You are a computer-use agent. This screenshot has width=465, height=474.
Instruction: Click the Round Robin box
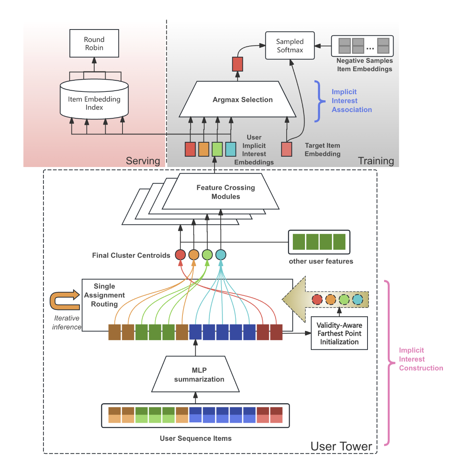(94, 43)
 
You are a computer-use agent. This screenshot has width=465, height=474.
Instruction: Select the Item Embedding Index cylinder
(94, 101)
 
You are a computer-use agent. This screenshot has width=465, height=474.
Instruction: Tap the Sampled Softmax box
(290, 46)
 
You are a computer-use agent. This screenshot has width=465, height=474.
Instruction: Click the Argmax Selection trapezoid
(238, 100)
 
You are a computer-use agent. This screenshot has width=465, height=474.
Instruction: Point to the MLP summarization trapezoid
(196, 374)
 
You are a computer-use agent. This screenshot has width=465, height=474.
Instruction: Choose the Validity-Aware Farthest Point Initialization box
(339, 334)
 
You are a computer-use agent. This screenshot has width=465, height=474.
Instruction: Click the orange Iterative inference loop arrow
(65, 300)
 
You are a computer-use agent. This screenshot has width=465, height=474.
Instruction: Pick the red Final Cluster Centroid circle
(180, 255)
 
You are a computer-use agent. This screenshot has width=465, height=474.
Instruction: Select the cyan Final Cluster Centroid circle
(221, 255)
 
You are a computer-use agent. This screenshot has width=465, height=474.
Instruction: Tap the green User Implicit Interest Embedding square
(217, 149)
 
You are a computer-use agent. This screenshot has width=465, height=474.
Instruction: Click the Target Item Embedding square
(287, 149)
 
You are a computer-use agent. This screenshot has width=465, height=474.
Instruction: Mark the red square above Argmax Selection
(238, 64)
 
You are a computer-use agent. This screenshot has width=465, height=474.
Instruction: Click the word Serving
(143, 161)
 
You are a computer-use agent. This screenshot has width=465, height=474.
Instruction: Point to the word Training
(376, 161)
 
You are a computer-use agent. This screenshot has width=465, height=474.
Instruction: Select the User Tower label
(341, 446)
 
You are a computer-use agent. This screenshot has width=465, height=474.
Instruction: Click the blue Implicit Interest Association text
(351, 101)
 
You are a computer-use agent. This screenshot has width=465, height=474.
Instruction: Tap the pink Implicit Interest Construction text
(421, 359)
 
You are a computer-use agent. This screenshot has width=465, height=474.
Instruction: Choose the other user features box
(319, 242)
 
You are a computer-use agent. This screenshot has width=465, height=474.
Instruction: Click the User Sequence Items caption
(196, 438)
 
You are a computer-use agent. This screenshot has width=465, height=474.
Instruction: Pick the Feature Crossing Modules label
(226, 192)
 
